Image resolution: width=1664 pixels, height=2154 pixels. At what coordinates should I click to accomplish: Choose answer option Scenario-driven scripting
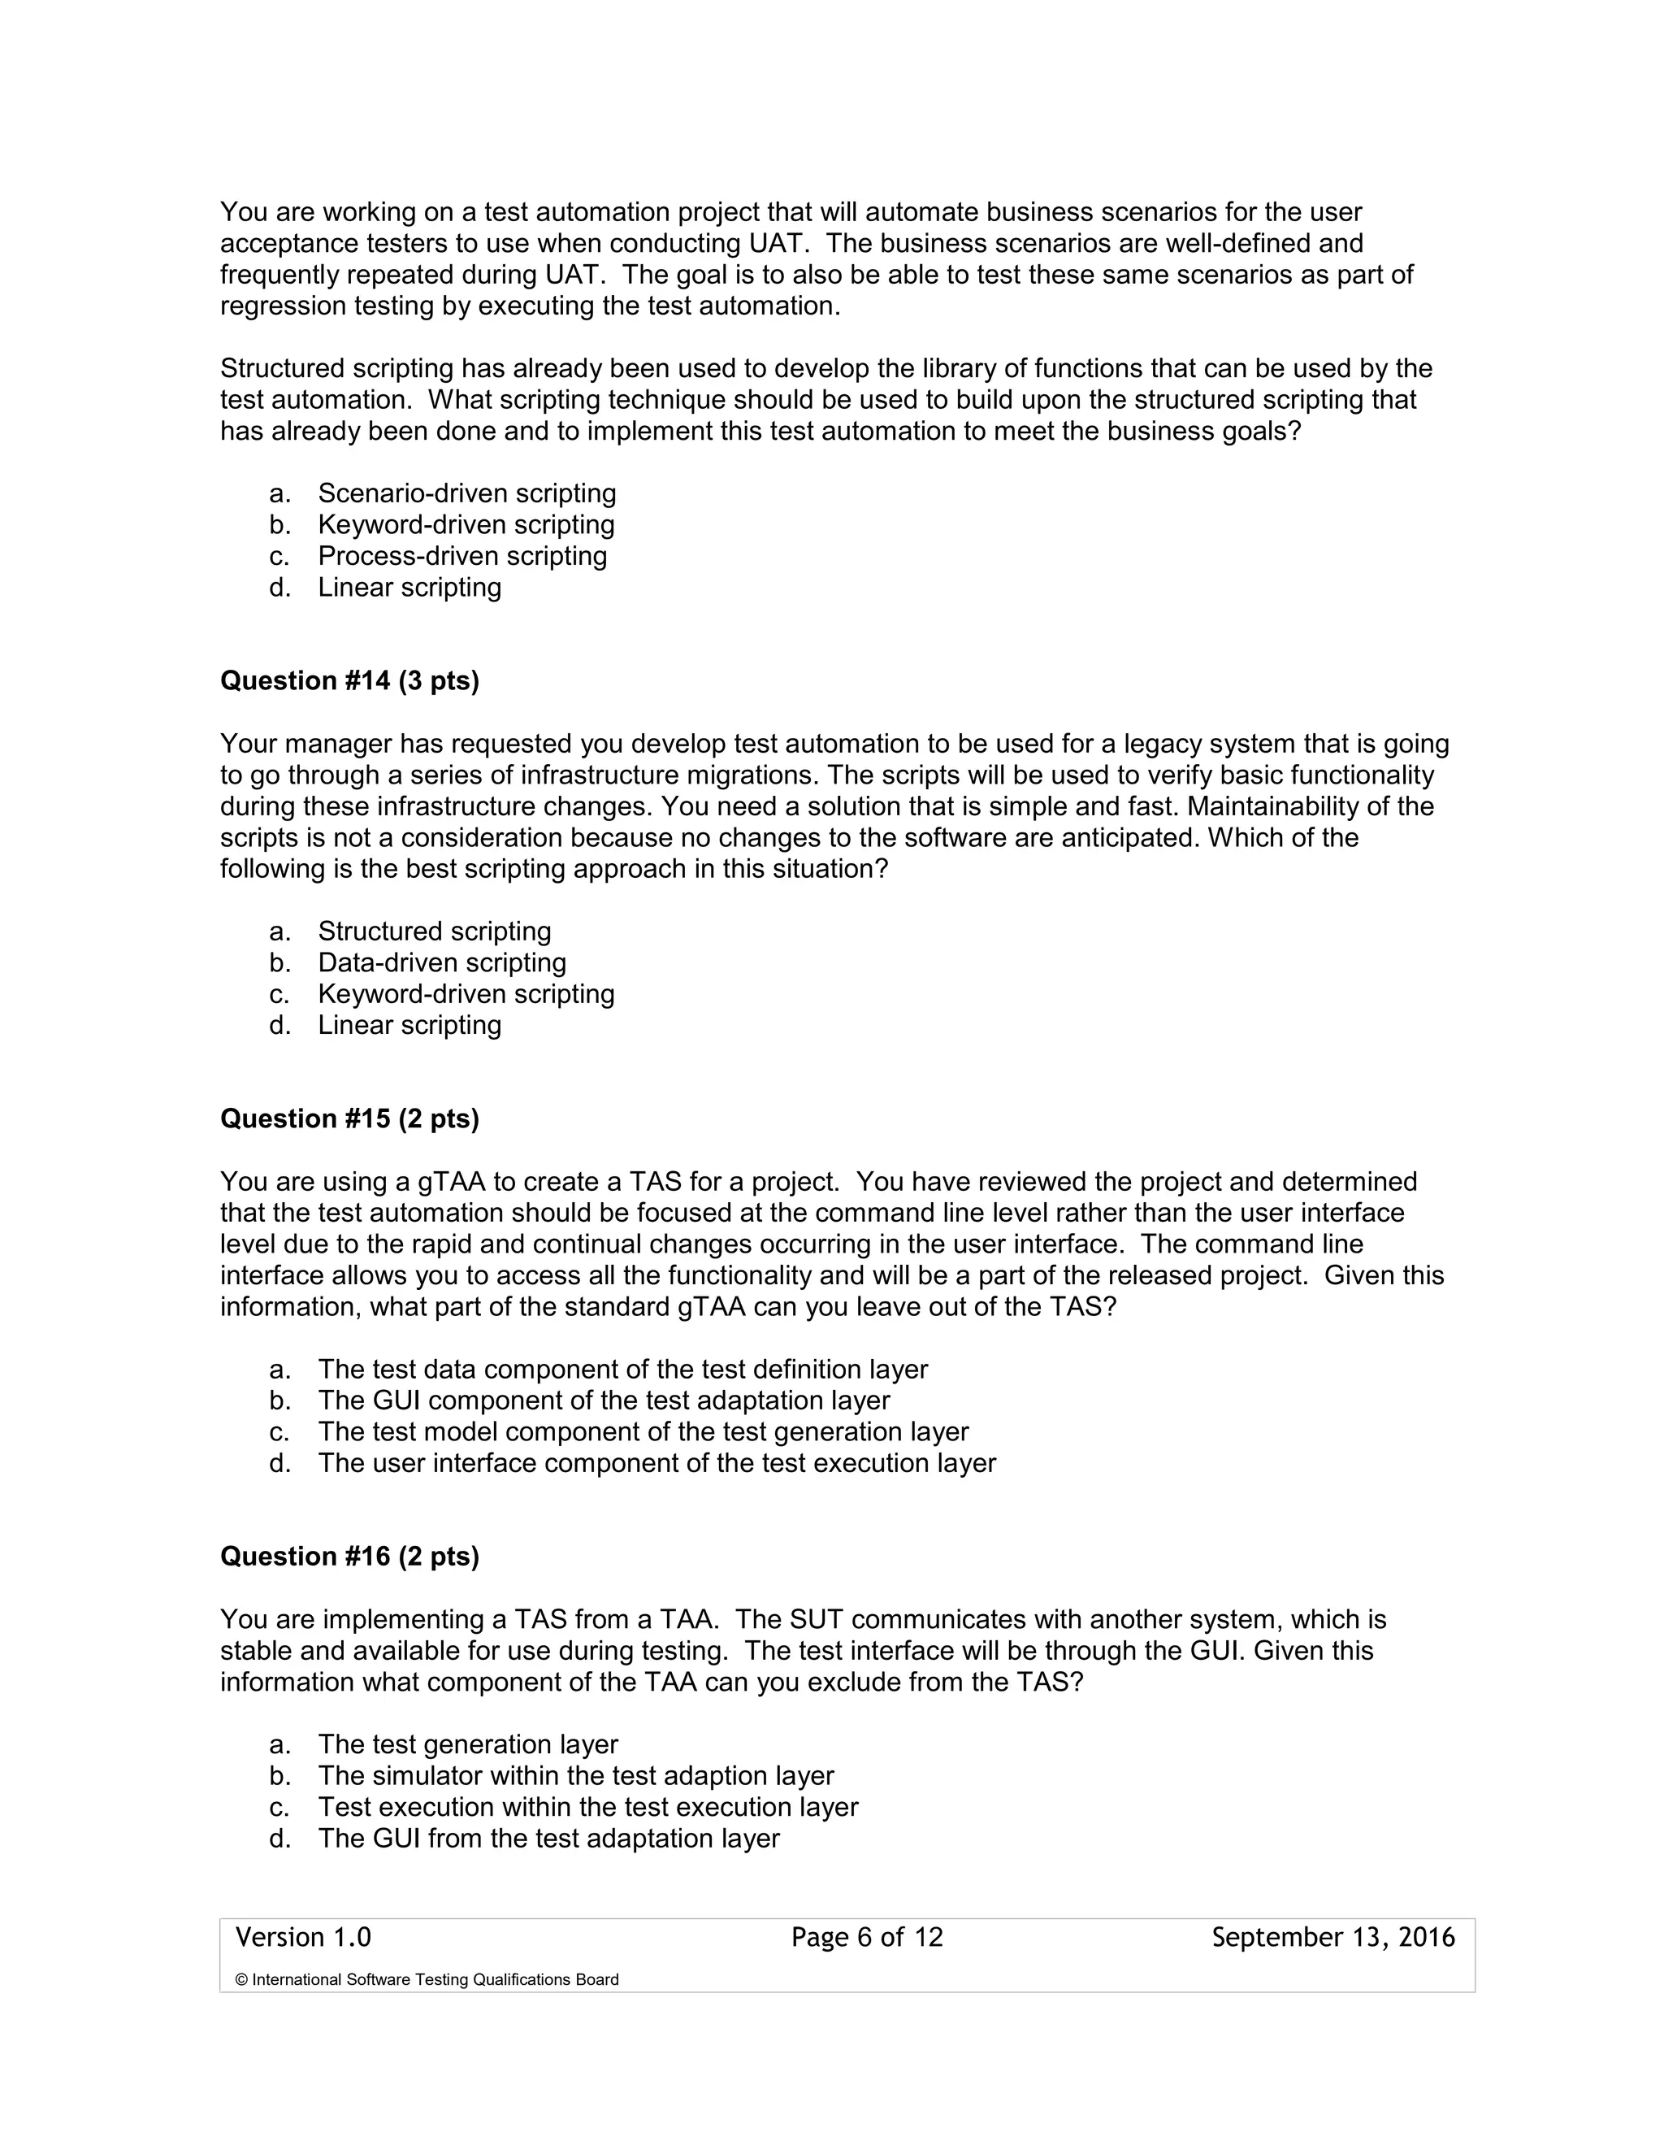(x=466, y=493)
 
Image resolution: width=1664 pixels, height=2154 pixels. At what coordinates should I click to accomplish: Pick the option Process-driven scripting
(x=461, y=556)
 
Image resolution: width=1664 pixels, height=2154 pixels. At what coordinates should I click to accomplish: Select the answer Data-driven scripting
(x=442, y=962)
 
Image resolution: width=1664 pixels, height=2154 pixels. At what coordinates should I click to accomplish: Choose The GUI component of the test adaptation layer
(x=604, y=1401)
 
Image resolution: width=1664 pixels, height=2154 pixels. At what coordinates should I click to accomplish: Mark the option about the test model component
(x=643, y=1432)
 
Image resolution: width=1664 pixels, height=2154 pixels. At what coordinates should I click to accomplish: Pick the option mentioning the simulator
(x=576, y=1776)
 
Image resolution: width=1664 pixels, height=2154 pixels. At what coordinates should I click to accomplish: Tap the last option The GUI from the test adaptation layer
(x=548, y=1839)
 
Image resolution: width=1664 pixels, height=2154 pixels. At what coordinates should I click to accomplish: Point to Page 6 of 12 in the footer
(x=866, y=1938)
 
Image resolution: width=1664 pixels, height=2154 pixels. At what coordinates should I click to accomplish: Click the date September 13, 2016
(x=1332, y=1938)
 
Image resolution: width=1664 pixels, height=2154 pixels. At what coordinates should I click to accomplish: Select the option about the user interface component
(x=656, y=1464)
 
